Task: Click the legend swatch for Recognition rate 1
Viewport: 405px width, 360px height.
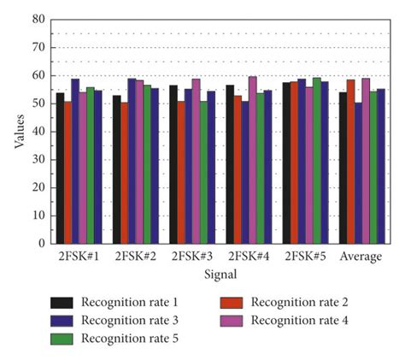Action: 62,302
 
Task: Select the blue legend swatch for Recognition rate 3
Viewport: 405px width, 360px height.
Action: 62,321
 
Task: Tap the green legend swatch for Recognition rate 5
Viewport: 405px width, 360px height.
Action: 62,339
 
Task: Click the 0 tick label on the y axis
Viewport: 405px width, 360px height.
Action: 42,243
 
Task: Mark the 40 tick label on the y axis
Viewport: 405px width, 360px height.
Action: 39,131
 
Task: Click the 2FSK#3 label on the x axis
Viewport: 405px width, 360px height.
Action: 188,257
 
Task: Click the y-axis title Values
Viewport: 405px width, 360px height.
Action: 18,131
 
